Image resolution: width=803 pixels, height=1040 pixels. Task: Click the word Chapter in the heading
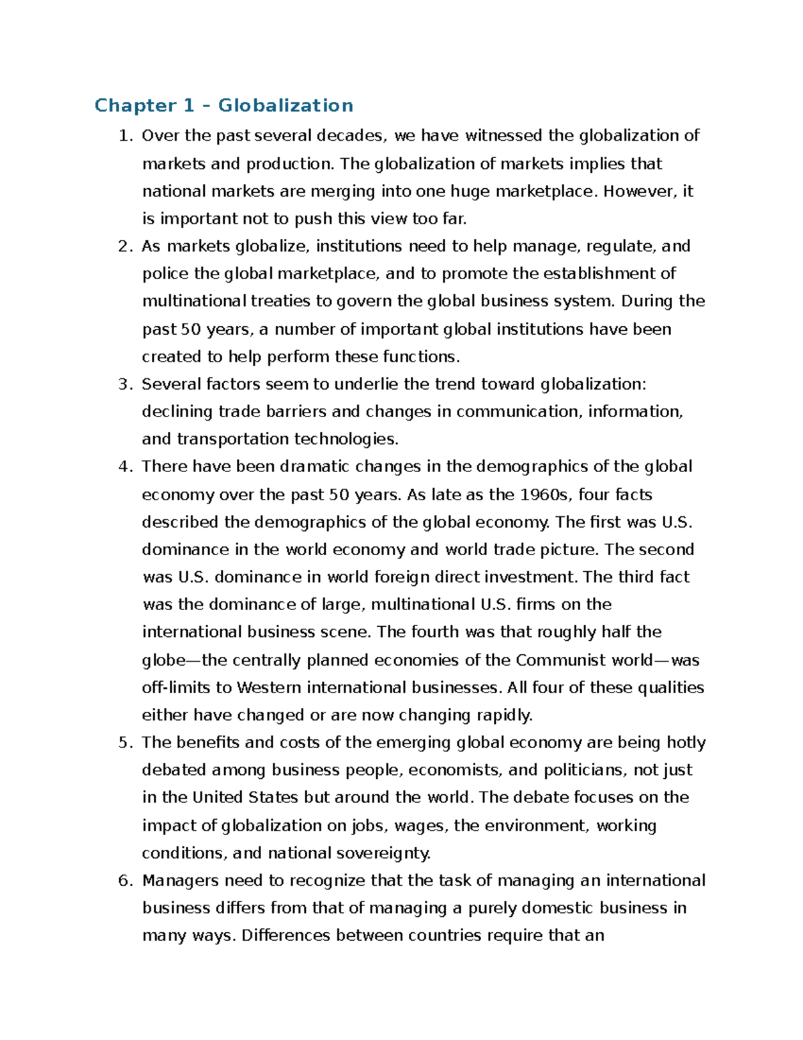tap(135, 106)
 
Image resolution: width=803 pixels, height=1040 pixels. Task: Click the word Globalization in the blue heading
tap(286, 106)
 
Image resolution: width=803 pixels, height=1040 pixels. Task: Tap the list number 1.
tap(124, 136)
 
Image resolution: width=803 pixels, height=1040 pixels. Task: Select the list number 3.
tap(124, 384)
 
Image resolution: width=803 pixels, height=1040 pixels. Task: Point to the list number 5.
tap(124, 743)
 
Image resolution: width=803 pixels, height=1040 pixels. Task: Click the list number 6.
tap(124, 881)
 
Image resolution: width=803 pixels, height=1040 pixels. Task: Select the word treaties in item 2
tap(280, 301)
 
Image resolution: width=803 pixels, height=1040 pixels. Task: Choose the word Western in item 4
tap(269, 688)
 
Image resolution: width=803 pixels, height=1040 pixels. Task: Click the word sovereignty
tap(383, 853)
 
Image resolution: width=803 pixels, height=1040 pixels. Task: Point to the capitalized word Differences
tap(286, 936)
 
